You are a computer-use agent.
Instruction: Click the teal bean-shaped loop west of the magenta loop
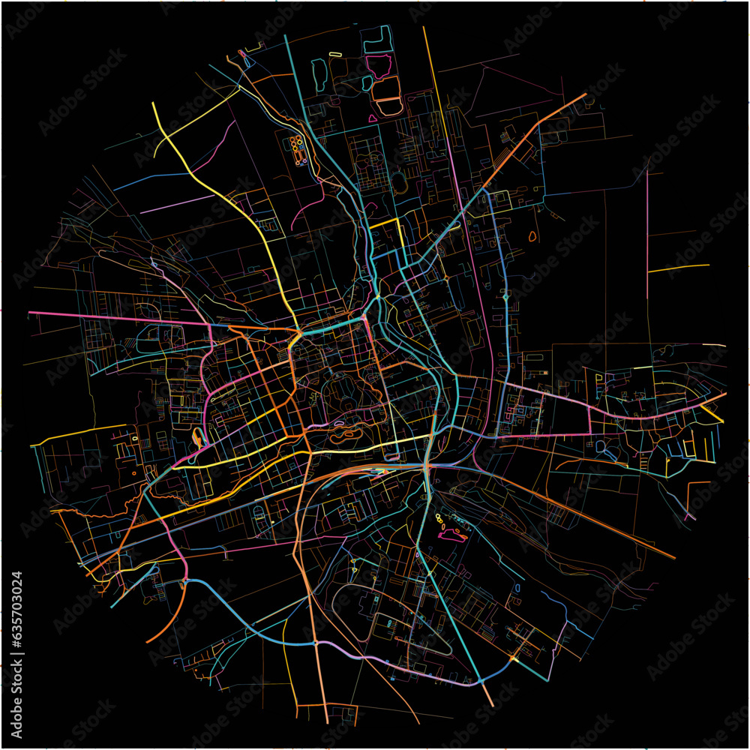(366, 82)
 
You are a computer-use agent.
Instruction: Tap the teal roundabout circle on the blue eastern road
(506, 298)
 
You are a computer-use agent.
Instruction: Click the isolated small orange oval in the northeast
(532, 236)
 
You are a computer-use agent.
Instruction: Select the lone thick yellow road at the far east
(679, 267)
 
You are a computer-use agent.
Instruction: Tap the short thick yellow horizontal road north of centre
(384, 223)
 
